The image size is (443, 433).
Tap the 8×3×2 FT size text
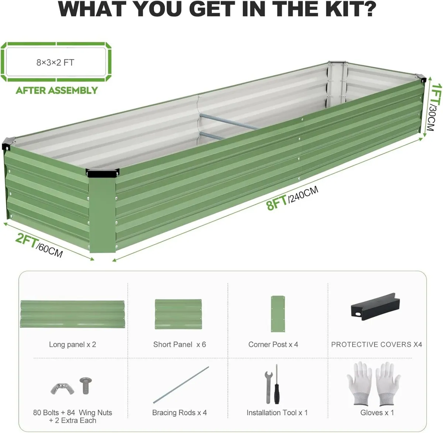click(x=55, y=62)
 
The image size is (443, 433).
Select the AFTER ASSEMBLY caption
click(x=57, y=91)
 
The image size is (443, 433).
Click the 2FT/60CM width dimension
click(x=39, y=245)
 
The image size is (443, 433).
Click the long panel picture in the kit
click(x=72, y=314)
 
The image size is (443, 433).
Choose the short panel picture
click(x=178, y=314)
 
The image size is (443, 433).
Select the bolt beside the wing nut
click(x=85, y=385)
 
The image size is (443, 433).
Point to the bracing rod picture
click(x=181, y=385)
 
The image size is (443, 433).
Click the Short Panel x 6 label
click(x=179, y=344)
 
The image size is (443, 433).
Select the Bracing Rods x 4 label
click(x=179, y=413)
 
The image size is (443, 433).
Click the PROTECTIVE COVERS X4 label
click(x=376, y=344)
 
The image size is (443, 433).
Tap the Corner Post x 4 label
click(x=273, y=344)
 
